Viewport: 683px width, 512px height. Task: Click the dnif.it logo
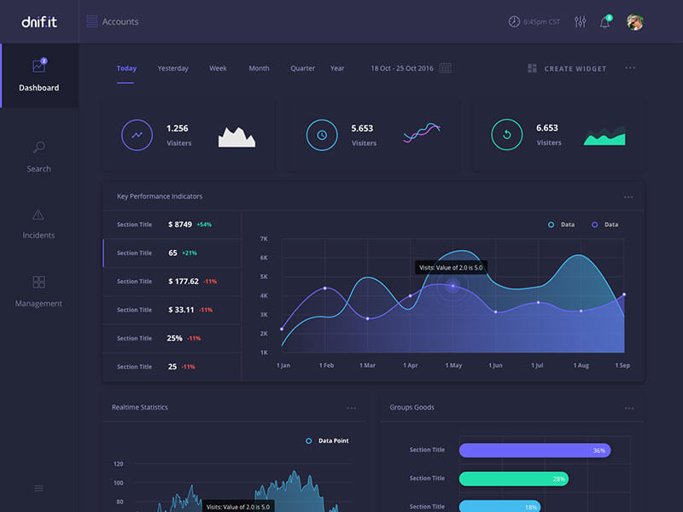point(38,21)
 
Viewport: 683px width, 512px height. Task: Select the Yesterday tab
point(172,68)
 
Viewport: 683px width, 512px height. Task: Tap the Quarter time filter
point(302,68)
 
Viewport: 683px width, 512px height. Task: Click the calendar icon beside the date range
point(445,68)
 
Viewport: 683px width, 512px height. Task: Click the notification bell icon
point(604,22)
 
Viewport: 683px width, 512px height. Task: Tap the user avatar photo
point(634,22)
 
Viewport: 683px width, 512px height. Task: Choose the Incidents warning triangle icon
point(38,214)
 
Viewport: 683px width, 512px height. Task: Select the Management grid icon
point(38,282)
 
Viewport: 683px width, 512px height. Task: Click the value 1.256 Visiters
point(178,129)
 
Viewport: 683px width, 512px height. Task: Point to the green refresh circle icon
point(506,135)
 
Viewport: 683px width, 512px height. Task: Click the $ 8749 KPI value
point(180,224)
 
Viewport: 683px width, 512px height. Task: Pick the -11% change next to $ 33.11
point(206,310)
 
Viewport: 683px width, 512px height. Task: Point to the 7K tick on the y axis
point(264,239)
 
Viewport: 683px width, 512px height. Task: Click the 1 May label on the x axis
point(453,365)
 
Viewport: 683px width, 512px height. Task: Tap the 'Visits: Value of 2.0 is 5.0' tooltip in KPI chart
point(452,268)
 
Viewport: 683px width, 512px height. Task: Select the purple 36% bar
point(534,450)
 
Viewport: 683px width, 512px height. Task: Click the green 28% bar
point(513,479)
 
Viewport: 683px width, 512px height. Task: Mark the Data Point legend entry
point(328,441)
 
